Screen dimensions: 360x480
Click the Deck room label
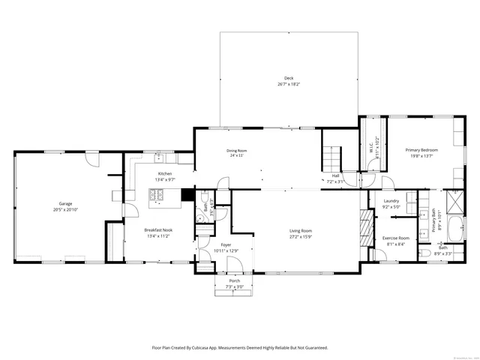pyautogui.click(x=288, y=78)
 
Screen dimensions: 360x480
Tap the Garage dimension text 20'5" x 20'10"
pyautogui.click(x=65, y=209)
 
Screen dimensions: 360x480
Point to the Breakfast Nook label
pyautogui.click(x=158, y=229)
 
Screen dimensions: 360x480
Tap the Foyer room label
pyautogui.click(x=226, y=244)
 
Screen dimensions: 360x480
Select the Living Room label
pyautogui.click(x=301, y=230)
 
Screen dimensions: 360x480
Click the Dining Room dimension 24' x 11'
pyautogui.click(x=237, y=156)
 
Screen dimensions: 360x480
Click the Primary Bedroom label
pyautogui.click(x=422, y=150)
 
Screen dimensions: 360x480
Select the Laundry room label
pyautogui.click(x=391, y=201)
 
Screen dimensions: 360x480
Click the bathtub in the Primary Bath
pyautogui.click(x=454, y=228)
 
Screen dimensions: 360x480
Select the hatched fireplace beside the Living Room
pyautogui.click(x=366, y=225)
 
